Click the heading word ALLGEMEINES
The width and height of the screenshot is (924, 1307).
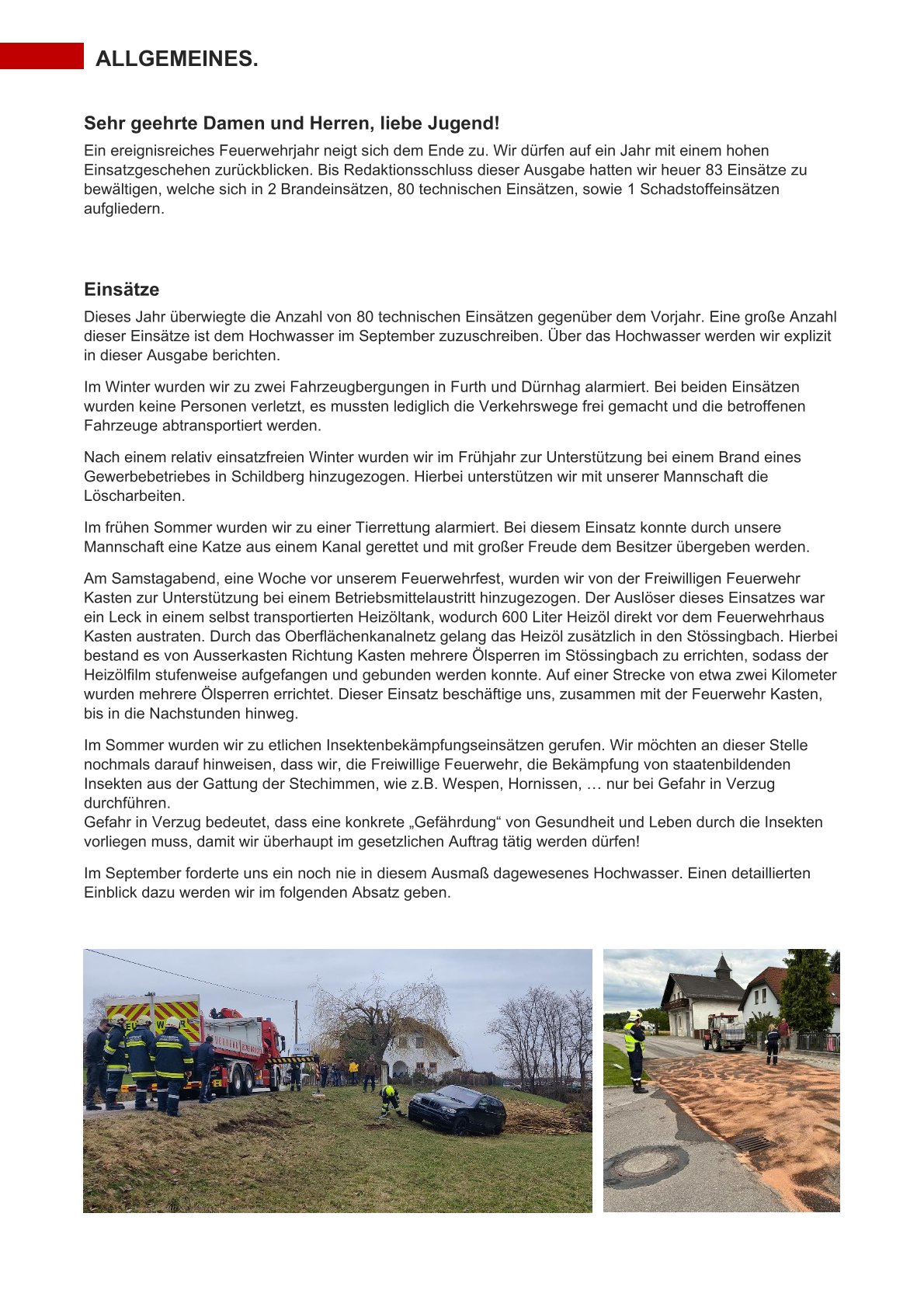point(176,59)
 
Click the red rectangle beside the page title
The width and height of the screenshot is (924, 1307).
point(42,56)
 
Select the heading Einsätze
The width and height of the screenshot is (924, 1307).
point(121,290)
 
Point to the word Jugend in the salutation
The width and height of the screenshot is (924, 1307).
point(467,123)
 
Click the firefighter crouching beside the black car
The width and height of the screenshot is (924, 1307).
point(390,1100)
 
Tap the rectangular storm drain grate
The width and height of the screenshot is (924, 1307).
point(751,1142)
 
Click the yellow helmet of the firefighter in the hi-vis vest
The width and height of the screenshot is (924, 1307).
point(635,1016)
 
